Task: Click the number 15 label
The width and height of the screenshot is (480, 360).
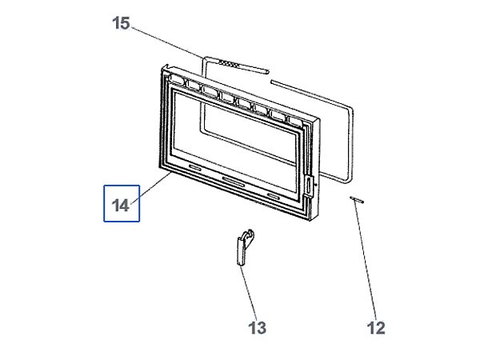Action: coord(121,23)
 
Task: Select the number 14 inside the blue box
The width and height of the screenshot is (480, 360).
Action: coord(121,206)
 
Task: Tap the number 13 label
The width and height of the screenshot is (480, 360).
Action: coord(257,328)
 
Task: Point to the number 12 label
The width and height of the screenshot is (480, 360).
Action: coord(376,328)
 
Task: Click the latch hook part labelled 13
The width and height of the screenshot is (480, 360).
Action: coord(246,247)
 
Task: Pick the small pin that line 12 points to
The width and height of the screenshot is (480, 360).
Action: coord(357,199)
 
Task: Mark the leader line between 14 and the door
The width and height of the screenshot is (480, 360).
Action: coord(151,188)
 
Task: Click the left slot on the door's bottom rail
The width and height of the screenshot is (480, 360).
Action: coord(195,167)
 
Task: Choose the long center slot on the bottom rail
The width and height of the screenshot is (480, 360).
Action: coord(234,182)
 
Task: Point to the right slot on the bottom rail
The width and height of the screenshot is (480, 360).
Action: coord(274,196)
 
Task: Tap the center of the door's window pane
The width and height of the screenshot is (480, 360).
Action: coord(235,140)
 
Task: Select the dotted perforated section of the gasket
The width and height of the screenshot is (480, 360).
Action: coord(228,64)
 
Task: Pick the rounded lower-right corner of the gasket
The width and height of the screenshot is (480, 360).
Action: coord(348,181)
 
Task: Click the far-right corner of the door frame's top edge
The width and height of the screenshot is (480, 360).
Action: coord(319,119)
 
